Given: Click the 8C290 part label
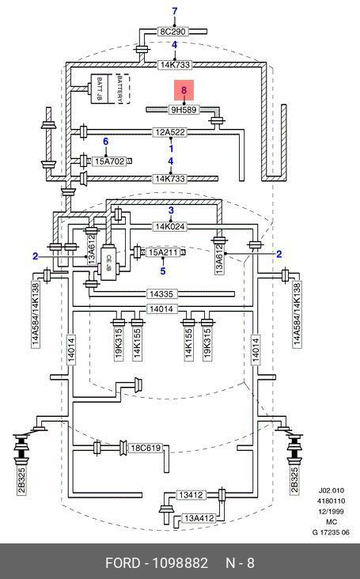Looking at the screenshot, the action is coord(173,32).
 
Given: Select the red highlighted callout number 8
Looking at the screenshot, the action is coord(184,90).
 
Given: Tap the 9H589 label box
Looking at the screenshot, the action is coord(184,110).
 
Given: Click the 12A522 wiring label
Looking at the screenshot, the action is coord(170,132).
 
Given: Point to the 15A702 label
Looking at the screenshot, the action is coord(108,161).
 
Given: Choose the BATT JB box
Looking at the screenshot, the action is coord(98,89).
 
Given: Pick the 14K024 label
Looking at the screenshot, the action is coord(170,226).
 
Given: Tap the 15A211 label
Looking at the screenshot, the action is coord(162,252).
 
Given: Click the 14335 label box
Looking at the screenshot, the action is coord(161,294).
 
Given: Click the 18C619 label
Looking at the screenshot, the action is coord(146,448).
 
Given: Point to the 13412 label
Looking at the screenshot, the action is coord(191,495).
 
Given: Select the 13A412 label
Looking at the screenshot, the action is coord(199,518).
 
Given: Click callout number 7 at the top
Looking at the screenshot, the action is coord(175,11).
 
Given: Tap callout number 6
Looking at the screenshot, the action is coord(105,142).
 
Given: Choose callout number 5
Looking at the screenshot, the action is coord(163,271).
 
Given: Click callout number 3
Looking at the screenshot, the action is coord(171,210).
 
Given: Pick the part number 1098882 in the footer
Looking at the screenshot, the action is coord(180,563).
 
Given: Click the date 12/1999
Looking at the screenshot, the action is coord(332,512).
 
